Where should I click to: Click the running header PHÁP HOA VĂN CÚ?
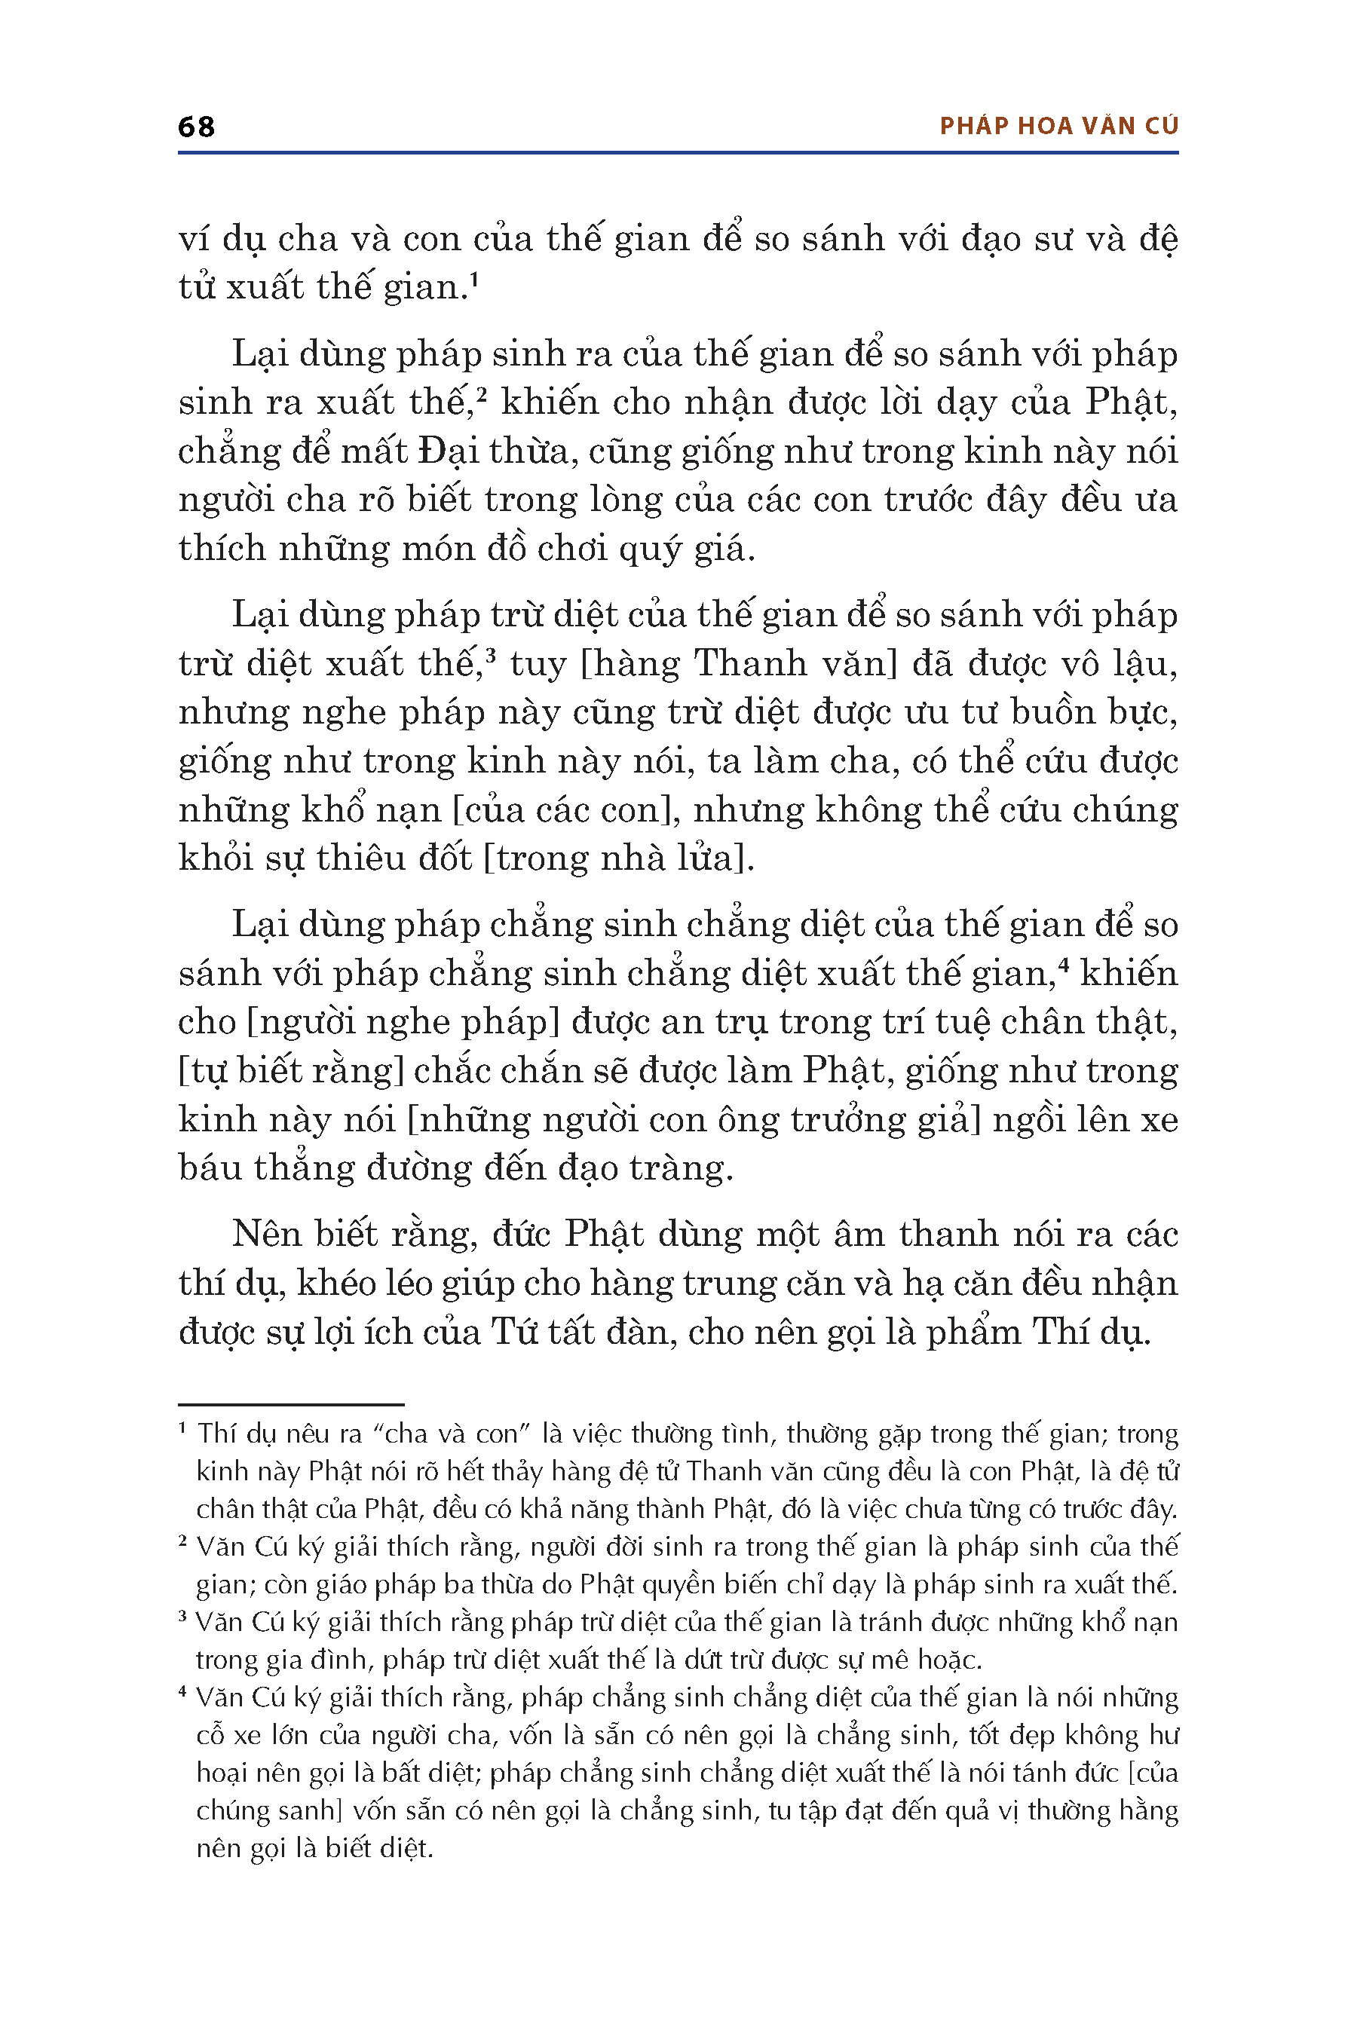pyautogui.click(x=1058, y=127)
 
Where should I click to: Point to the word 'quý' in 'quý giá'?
pyautogui.click(x=657, y=549)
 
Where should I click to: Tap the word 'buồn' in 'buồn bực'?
pyautogui.click(x=1028, y=712)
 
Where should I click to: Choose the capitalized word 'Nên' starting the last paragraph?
pyautogui.click(x=267, y=1235)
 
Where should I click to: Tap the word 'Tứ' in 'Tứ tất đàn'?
pyautogui.click(x=516, y=1332)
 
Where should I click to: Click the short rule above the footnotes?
pyautogui.click(x=291, y=1403)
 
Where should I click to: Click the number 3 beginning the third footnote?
pyautogui.click(x=183, y=1616)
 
